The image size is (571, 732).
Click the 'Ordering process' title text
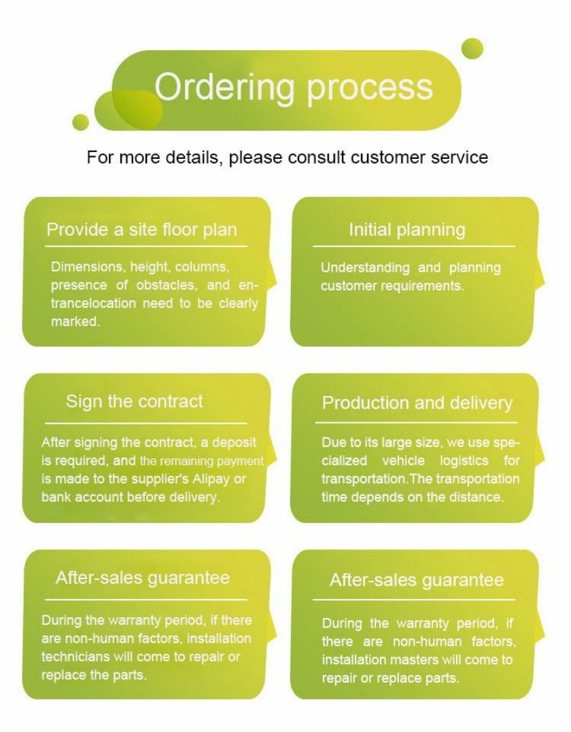coord(294,88)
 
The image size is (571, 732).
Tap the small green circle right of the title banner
coord(472,49)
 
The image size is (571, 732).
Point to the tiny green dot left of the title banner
coord(80,122)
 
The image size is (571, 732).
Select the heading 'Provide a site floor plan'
coord(141,230)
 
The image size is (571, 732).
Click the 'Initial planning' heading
coord(407,230)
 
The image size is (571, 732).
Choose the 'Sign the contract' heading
coord(135,401)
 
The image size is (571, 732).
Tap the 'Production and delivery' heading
coord(417,403)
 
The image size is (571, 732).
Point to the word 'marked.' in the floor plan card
coord(75,322)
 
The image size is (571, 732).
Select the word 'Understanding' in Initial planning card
coord(365,268)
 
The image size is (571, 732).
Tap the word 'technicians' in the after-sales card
coord(75,657)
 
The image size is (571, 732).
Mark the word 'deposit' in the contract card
coord(234,443)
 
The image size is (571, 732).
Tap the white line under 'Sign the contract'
coord(146,424)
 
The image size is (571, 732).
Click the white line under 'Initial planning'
coord(414,246)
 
